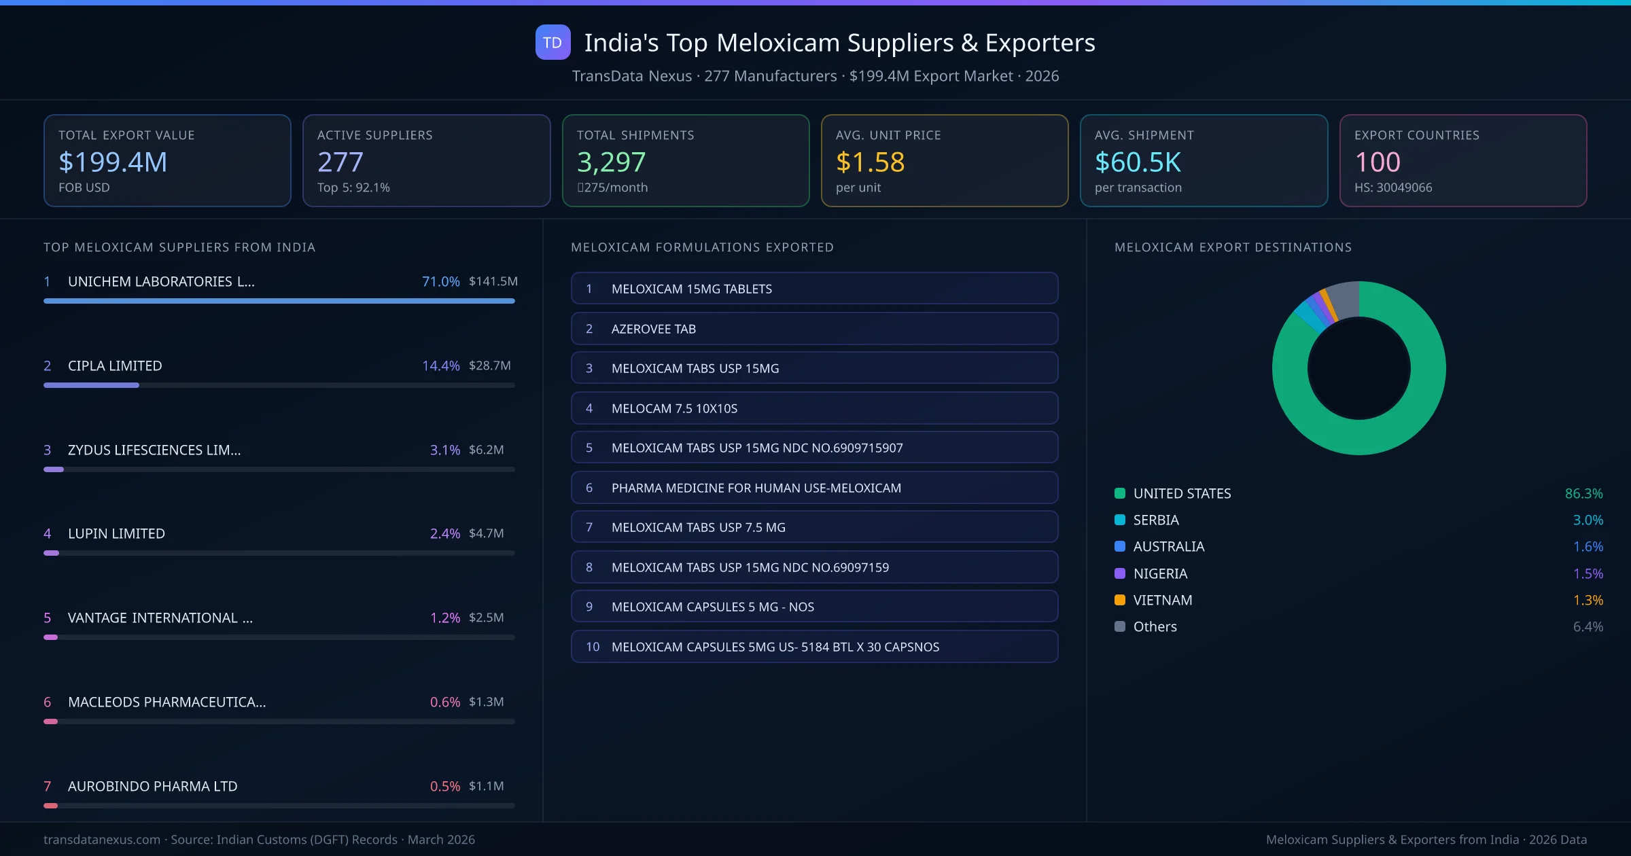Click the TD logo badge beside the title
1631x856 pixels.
tap(553, 42)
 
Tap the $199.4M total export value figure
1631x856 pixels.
tap(113, 162)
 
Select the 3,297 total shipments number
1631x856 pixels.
tap(611, 162)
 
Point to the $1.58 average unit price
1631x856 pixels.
tap(870, 162)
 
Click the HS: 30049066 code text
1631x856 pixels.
tap(1392, 188)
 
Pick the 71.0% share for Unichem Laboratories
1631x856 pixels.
tap(440, 281)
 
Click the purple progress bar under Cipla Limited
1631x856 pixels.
tap(91, 385)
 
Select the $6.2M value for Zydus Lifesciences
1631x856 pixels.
tap(486, 450)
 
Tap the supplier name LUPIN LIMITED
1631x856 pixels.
tap(116, 533)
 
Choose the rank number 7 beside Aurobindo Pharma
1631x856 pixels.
tap(47, 786)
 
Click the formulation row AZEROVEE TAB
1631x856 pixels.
tap(813, 329)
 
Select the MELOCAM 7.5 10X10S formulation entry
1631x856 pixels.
tap(813, 408)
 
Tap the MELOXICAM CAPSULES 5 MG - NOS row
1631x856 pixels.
tap(813, 607)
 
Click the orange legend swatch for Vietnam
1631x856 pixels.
tap(1120, 600)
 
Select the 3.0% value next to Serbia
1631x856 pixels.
tap(1588, 520)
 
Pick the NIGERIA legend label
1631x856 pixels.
tap(1160, 573)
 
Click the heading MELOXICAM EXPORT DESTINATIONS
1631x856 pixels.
tap(1233, 247)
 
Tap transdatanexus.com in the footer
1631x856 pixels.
tap(102, 840)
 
